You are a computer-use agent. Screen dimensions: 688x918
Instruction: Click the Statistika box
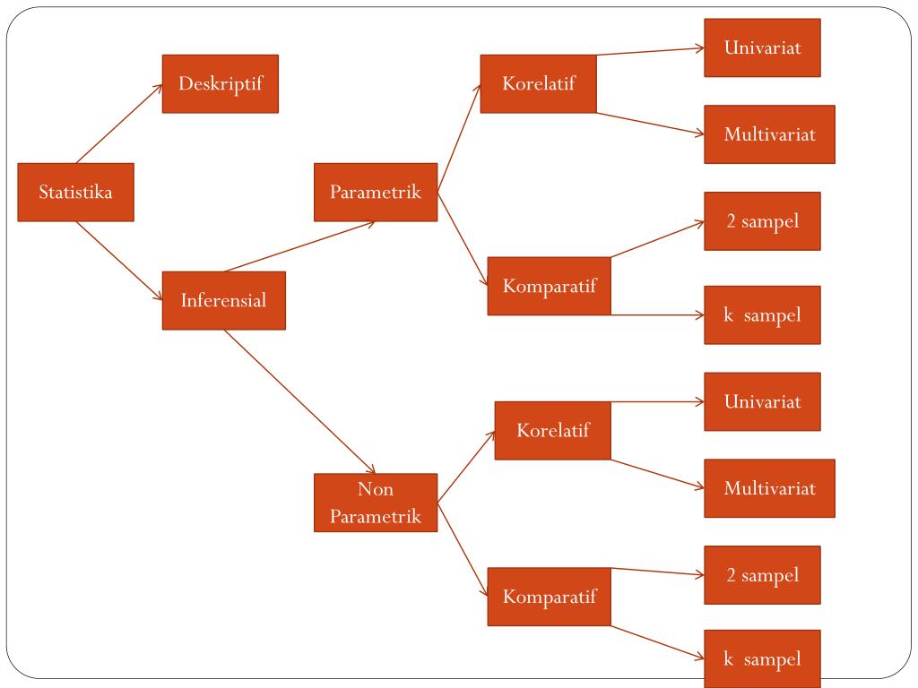[x=75, y=192]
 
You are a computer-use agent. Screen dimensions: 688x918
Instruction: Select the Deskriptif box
[x=220, y=83]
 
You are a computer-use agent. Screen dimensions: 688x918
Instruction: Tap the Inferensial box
[x=223, y=300]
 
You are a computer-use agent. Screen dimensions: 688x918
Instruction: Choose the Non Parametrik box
[x=375, y=503]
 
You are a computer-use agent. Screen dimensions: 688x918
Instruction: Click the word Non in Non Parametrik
[x=375, y=490]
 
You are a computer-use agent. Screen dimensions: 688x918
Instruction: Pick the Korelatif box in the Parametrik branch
[x=538, y=83]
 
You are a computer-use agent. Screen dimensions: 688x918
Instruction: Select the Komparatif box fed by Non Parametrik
[x=549, y=596]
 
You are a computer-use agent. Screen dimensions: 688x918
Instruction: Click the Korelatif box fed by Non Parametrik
[x=552, y=430]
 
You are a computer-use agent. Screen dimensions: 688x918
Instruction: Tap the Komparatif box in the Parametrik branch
[x=549, y=286]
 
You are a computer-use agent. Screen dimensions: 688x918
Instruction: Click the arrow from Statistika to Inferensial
[x=119, y=261]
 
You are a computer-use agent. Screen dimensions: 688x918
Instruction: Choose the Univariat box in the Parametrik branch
[x=762, y=47]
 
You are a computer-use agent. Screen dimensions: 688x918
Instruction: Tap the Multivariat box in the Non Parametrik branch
[x=769, y=488]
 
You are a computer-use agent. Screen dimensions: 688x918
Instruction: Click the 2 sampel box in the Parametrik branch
[x=762, y=220]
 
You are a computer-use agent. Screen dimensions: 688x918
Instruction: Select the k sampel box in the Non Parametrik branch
[x=762, y=659]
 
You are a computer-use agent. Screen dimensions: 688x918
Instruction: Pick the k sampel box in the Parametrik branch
[x=762, y=314]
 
